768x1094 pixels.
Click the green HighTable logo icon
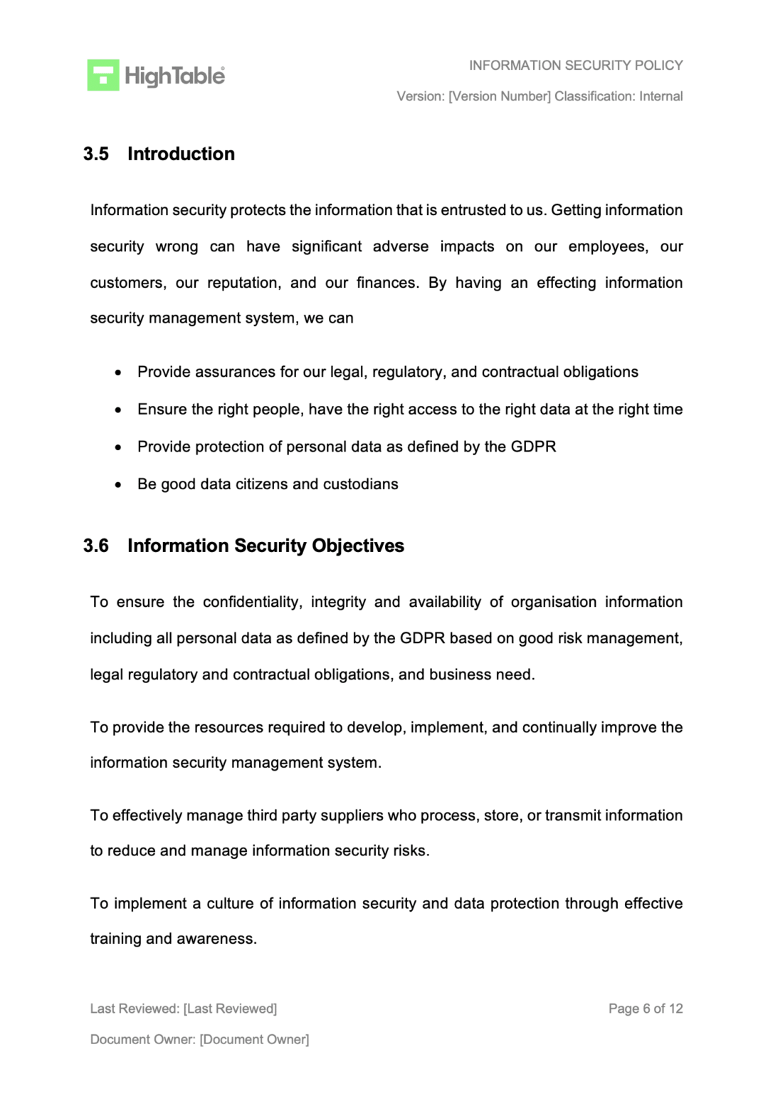[x=103, y=75]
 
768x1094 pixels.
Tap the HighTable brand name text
[x=174, y=75]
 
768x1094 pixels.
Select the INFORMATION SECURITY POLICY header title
[x=575, y=66]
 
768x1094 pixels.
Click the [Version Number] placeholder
[x=499, y=96]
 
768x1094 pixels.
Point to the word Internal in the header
[x=661, y=96]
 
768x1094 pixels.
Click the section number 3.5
[x=96, y=154]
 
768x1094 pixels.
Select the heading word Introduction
[x=181, y=154]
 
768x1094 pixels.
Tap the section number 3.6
[x=96, y=546]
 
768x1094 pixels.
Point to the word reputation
[x=243, y=283]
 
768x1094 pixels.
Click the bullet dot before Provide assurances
[x=118, y=373]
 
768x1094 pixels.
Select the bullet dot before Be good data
[x=118, y=485]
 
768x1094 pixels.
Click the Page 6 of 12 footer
[x=645, y=1009]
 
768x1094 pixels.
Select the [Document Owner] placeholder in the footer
[x=254, y=1040]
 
